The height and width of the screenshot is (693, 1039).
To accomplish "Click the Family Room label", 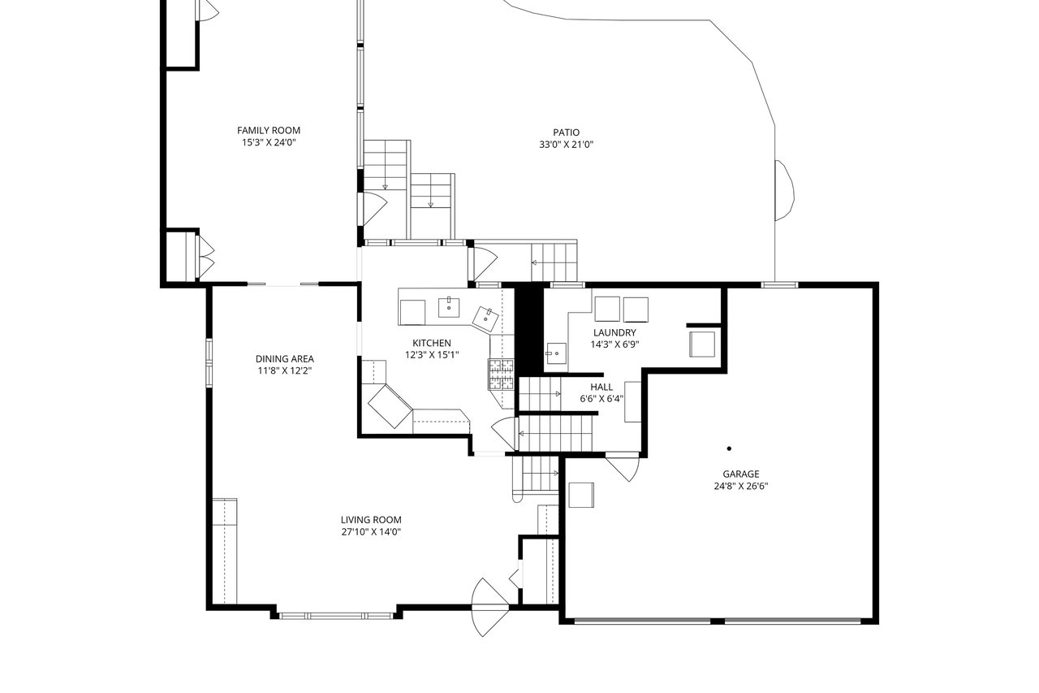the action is (x=269, y=131).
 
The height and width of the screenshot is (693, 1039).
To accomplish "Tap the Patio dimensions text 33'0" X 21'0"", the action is (x=566, y=145).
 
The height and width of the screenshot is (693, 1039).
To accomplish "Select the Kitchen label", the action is (x=431, y=343).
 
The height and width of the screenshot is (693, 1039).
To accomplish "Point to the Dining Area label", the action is (x=284, y=359).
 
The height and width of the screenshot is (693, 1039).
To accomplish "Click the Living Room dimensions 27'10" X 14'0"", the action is (x=371, y=532).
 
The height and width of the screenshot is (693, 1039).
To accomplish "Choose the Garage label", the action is (x=741, y=474).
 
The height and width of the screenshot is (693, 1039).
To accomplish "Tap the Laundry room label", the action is (x=614, y=333).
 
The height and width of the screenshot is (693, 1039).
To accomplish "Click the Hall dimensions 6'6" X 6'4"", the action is (x=601, y=399).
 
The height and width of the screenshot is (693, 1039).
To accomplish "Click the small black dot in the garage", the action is (x=729, y=448).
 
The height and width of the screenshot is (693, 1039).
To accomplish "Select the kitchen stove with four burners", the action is (x=501, y=374).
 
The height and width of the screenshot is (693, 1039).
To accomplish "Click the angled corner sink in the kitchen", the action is (x=485, y=319).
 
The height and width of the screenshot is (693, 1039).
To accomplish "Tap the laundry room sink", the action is (x=556, y=354).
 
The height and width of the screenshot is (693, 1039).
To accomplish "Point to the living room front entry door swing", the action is (x=489, y=607).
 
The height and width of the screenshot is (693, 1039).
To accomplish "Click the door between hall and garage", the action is (x=623, y=468).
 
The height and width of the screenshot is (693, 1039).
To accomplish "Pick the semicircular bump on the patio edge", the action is (x=785, y=190).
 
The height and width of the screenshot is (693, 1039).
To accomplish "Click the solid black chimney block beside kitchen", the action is (x=530, y=330).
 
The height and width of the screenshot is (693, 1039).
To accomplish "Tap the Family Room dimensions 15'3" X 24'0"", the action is (x=269, y=142).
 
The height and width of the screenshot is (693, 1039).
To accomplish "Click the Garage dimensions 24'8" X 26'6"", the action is (x=741, y=486).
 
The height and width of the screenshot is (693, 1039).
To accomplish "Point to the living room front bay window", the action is (x=336, y=616).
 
